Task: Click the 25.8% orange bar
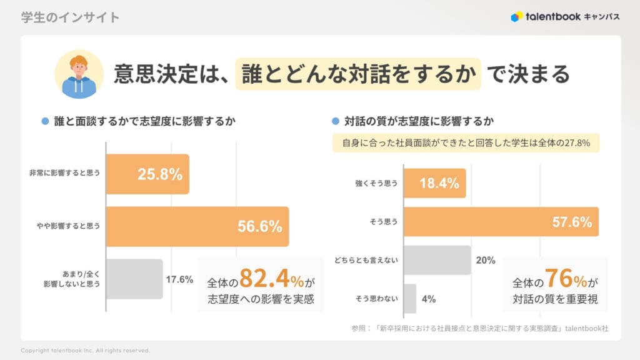click(x=147, y=174)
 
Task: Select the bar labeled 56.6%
click(x=197, y=226)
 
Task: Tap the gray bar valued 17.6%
click(x=134, y=279)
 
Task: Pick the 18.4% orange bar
click(x=434, y=183)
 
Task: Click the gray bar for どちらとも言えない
click(x=437, y=260)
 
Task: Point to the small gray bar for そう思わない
click(x=410, y=298)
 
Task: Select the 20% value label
click(x=486, y=260)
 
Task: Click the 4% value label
click(x=429, y=299)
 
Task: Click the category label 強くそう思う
click(x=376, y=183)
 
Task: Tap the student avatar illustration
click(x=79, y=74)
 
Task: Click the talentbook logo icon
click(x=516, y=17)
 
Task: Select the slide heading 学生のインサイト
click(x=70, y=17)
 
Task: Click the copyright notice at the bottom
click(x=85, y=350)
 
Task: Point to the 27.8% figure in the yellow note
click(x=578, y=143)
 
